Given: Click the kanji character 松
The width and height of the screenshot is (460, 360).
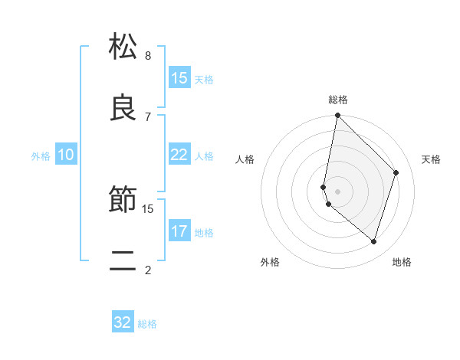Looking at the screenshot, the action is (123, 47).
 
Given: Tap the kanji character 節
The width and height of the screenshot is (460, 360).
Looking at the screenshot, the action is (123, 201).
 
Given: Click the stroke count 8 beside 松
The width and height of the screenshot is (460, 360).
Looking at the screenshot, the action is (148, 56).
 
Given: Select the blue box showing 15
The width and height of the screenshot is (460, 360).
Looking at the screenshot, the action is (179, 78).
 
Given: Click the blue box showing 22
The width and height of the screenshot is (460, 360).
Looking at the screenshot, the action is (179, 155).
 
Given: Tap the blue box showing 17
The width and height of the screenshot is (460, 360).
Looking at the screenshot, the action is (179, 231).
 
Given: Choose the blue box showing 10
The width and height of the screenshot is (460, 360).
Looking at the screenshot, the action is (66, 155).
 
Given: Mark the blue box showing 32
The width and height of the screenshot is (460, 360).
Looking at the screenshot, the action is (123, 322).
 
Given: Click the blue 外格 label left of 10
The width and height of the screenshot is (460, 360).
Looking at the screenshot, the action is (41, 155).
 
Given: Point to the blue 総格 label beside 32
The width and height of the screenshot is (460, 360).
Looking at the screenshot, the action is (147, 324).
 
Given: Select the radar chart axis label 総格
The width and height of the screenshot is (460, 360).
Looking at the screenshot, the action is (338, 100).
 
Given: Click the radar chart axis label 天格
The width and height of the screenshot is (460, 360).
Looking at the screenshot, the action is (432, 159).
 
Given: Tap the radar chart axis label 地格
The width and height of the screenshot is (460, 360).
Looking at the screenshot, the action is (402, 262).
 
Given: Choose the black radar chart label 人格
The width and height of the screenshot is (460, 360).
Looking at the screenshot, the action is (245, 159).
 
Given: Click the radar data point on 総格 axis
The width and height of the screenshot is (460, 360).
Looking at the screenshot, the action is (337, 116).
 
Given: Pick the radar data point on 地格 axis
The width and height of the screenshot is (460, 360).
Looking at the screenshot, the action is (373, 241).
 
